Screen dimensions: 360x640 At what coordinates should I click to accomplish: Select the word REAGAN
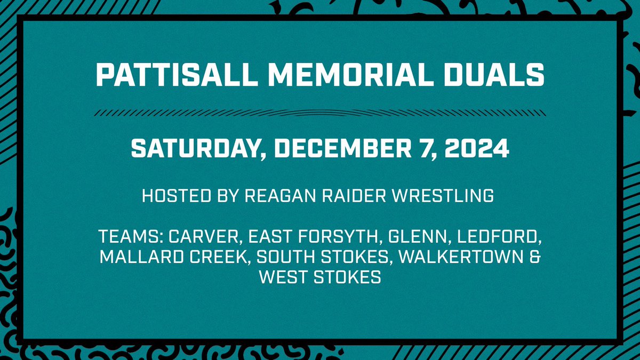pos(277,196)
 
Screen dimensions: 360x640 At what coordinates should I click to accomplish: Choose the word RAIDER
pos(353,196)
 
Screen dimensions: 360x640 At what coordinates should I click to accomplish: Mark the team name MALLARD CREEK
pos(174,258)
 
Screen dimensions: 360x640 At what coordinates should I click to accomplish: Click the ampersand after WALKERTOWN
pos(535,258)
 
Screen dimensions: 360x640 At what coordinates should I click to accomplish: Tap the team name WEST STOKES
pos(319,278)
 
